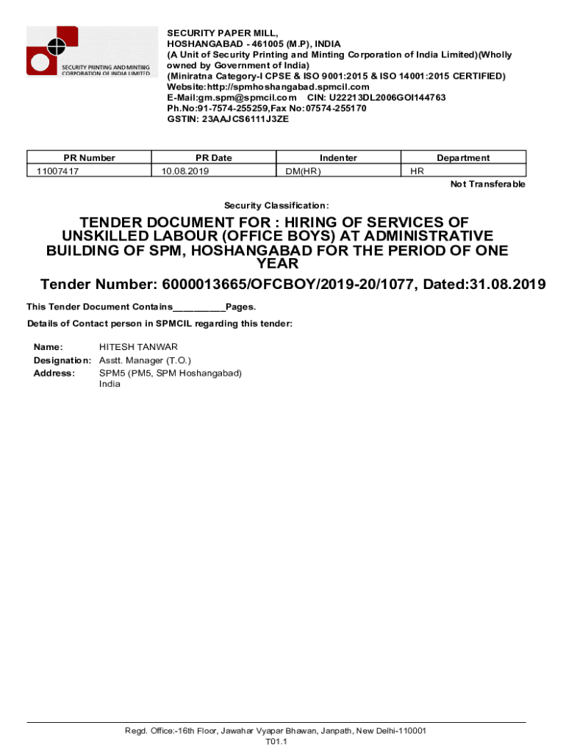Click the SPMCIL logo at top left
pos(91,51)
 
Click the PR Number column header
pos(89,157)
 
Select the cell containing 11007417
pos(58,171)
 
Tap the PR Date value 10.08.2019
pos(185,171)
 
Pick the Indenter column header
pos(338,157)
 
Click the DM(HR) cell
pos(303,171)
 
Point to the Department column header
pos(463,157)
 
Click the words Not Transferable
pos(487,185)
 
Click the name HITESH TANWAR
pos(138,346)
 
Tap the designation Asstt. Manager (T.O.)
pos(145,360)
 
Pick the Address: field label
pos(54,373)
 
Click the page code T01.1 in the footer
pos(276,742)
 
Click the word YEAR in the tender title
pos(277,264)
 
